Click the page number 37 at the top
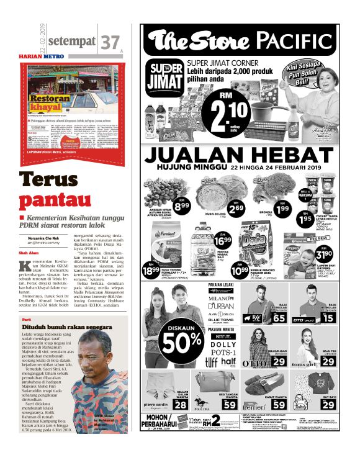pos(109,42)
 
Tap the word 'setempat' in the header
pos(71,41)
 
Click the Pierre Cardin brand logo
pos(156,403)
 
